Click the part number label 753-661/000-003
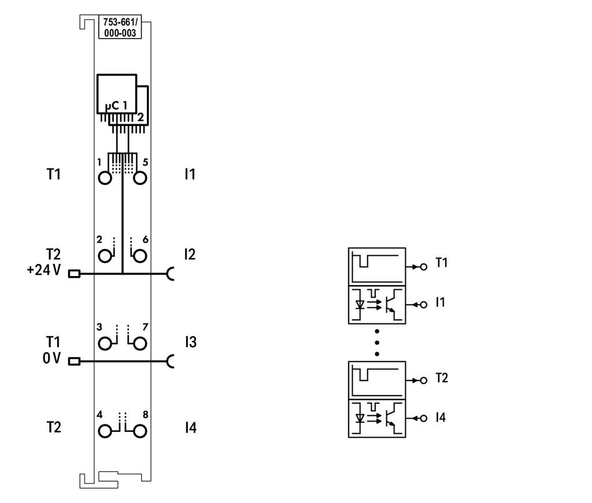coord(120,27)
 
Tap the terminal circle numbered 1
coord(105,178)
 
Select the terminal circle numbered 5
coord(140,178)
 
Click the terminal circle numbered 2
coord(105,256)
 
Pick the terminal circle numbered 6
coord(140,256)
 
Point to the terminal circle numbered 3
coord(105,344)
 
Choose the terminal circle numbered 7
coord(140,344)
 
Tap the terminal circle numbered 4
coord(105,431)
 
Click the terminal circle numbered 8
coord(140,431)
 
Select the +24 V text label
coord(44,270)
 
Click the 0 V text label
coord(51,358)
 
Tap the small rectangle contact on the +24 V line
coord(74,274)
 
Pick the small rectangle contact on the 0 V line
coord(74,362)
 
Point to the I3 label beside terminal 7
coord(191,342)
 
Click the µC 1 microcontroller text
coord(116,106)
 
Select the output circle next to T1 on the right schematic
coord(424,267)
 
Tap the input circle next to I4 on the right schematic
coord(424,418)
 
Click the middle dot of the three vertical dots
coord(377,343)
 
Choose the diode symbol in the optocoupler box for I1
coord(360,304)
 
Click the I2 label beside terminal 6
coord(190,255)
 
